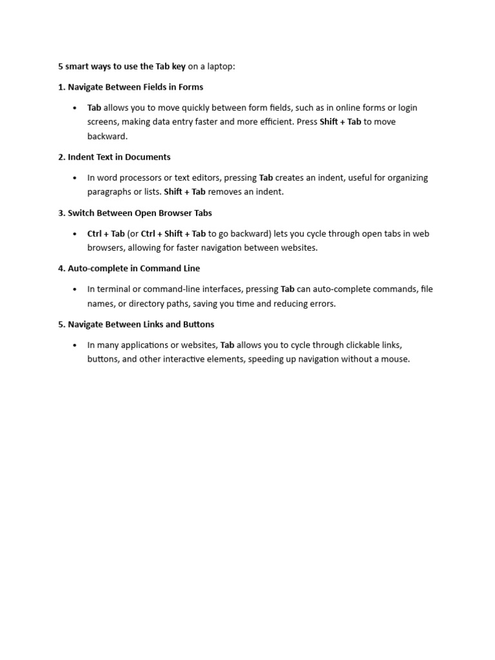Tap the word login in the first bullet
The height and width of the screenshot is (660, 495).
click(408, 108)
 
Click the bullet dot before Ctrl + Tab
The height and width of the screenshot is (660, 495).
click(75, 234)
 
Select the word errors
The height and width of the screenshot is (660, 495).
click(321, 304)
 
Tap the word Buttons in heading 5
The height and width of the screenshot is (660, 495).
click(197, 324)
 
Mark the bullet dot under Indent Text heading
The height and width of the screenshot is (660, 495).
click(75, 178)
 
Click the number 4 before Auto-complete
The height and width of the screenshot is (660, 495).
click(61, 268)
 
